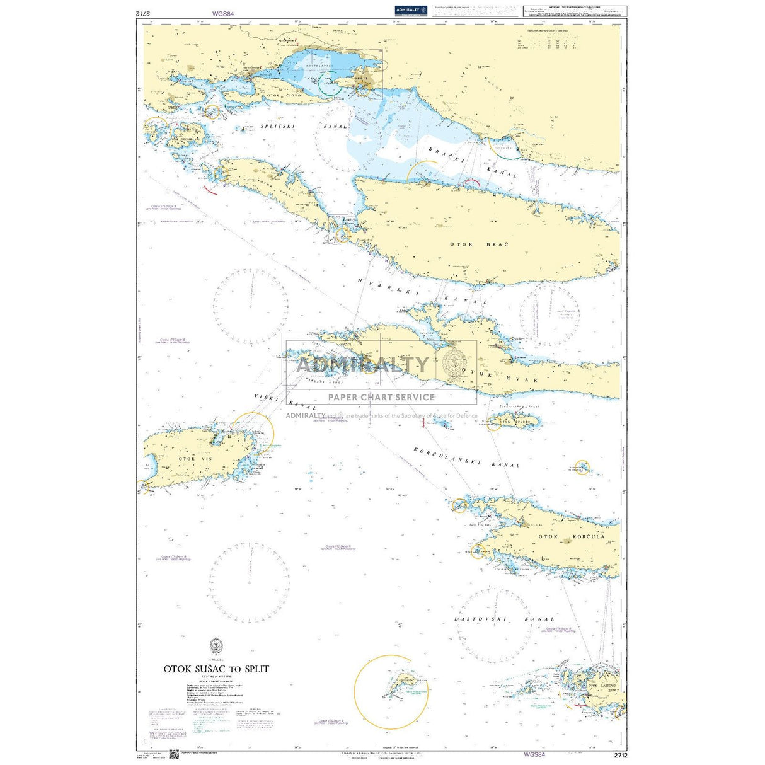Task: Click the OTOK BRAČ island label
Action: (x=479, y=244)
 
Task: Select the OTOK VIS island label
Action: (x=196, y=459)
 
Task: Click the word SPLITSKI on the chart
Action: (x=279, y=126)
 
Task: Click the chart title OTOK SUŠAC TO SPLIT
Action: (x=216, y=669)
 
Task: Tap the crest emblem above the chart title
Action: (x=216, y=645)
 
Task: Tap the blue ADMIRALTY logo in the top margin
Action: (x=411, y=10)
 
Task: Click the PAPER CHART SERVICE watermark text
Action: (x=381, y=397)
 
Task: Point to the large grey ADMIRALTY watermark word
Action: (x=362, y=365)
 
